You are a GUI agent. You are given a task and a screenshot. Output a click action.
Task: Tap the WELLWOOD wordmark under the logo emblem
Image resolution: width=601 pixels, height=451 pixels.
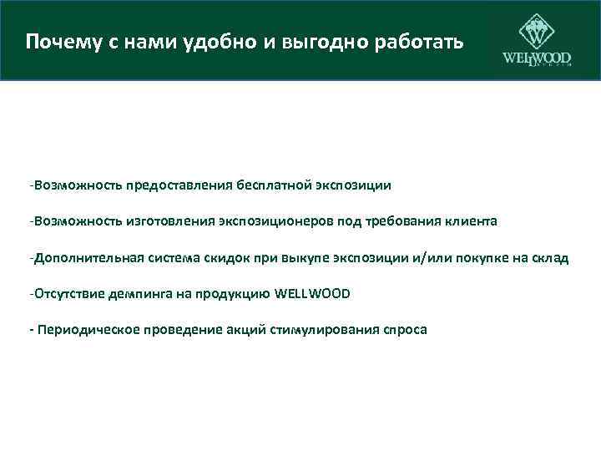click(x=536, y=59)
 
